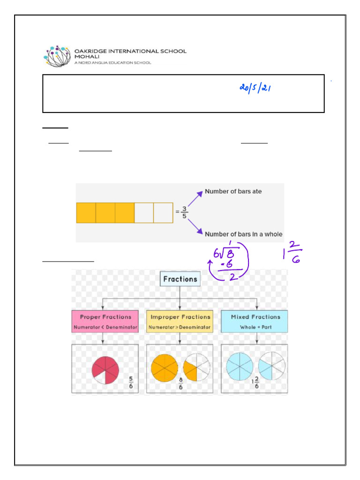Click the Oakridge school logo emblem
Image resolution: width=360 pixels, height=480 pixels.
coord(58,56)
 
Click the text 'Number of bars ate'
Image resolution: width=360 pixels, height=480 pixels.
coord(233,192)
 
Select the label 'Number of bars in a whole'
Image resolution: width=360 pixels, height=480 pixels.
coord(243,234)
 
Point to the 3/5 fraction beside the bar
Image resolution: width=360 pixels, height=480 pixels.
coord(184,212)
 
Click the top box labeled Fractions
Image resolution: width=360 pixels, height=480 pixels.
coord(180,279)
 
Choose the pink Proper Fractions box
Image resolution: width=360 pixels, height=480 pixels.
coord(105,321)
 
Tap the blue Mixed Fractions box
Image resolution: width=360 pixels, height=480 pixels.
coord(255,321)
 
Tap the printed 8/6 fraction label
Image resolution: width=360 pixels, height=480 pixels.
coord(180,387)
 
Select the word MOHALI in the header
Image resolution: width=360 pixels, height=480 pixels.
coord(85,57)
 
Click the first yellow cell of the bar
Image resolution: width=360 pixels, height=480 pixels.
coord(86,212)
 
